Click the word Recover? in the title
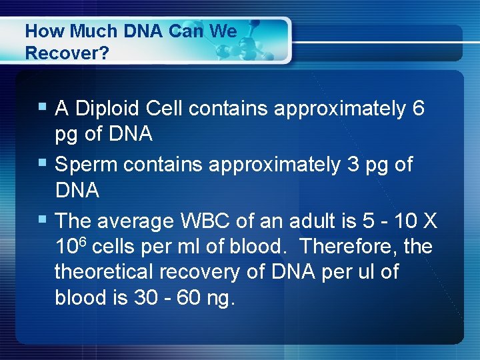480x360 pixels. [x=67, y=53]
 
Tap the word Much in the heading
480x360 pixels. [x=82, y=31]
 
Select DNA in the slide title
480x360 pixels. [x=139, y=31]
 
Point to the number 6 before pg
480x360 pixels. [x=418, y=108]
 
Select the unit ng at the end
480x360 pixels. [x=221, y=299]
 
